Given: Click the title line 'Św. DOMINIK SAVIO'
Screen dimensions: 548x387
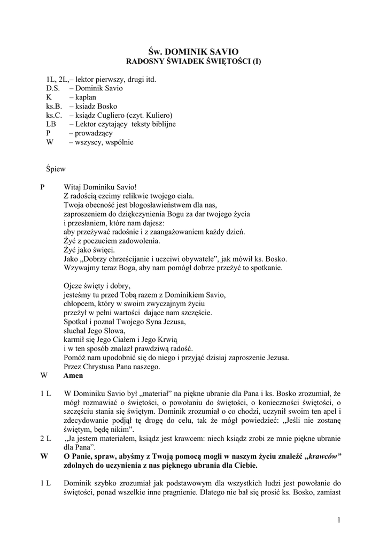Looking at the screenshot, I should (x=193, y=52).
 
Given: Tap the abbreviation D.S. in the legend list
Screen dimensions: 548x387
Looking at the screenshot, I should (x=53, y=88).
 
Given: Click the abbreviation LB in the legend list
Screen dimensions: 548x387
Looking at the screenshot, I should (x=51, y=124).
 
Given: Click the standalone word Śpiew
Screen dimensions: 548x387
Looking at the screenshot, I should (x=56, y=170).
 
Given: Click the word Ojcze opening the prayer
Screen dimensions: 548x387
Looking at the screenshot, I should (x=74, y=286).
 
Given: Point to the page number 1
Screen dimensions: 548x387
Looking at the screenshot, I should (x=339, y=520).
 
